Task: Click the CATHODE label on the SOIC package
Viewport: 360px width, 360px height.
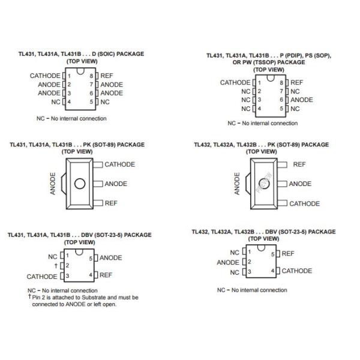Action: click(x=45, y=76)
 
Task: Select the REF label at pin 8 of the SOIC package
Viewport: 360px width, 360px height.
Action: click(x=106, y=76)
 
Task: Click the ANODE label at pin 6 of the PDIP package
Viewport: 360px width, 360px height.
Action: click(x=301, y=100)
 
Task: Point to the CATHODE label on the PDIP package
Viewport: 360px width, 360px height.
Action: click(x=235, y=82)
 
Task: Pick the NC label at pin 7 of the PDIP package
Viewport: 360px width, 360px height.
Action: click(x=295, y=91)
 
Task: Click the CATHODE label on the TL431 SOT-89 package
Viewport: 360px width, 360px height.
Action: click(x=119, y=164)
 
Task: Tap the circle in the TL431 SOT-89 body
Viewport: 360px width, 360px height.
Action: click(x=77, y=184)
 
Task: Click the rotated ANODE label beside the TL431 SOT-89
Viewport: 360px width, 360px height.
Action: click(x=53, y=184)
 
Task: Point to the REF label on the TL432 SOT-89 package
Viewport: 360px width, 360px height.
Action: click(x=299, y=164)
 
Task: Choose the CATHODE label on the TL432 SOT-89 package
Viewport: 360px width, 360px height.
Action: click(x=304, y=203)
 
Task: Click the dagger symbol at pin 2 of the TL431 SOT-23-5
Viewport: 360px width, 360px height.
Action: click(x=55, y=265)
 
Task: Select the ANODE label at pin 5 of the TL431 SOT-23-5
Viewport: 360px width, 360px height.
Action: click(x=110, y=257)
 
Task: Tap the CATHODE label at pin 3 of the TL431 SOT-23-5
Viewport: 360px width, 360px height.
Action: click(x=41, y=277)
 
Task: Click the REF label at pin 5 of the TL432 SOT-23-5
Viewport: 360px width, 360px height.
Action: click(x=287, y=254)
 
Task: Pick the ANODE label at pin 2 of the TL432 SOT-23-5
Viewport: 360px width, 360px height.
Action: click(x=228, y=262)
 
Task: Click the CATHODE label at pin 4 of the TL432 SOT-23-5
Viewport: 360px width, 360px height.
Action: click(x=296, y=271)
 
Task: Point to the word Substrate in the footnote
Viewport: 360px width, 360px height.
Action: click(x=99, y=297)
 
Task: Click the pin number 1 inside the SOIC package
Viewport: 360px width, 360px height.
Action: click(x=70, y=76)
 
